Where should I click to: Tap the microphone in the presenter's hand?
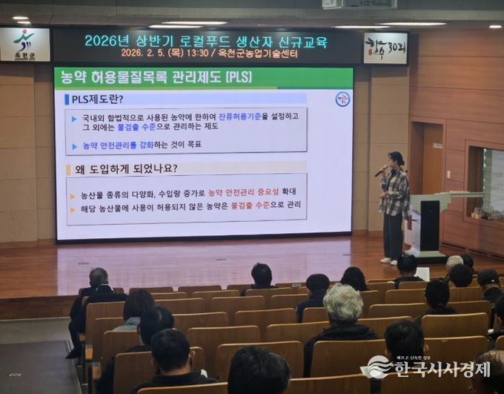(380, 171)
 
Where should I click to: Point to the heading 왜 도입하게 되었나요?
(126, 168)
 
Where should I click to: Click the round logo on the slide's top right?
(342, 99)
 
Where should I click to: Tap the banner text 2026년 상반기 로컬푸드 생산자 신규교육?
(205, 41)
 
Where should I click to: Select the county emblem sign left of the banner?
(24, 45)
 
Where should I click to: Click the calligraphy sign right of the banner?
(385, 48)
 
